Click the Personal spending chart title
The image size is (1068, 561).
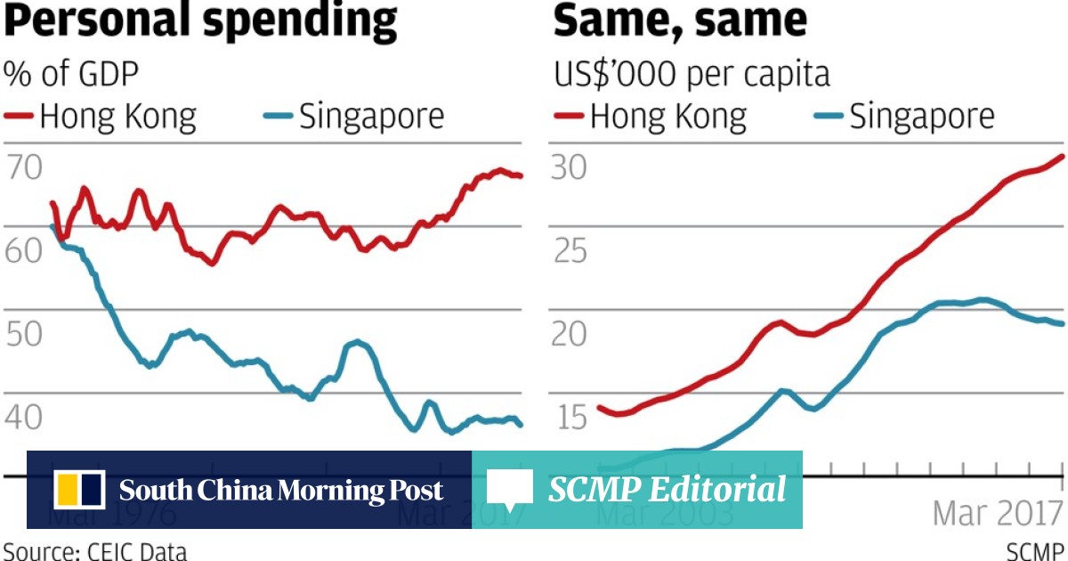pos(199,21)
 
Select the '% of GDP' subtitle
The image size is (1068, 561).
pos(71,75)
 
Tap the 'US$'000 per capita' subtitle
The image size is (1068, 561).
pos(692,74)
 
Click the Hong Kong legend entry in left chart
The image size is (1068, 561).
pos(103,117)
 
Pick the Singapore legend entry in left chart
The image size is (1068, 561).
pos(356,117)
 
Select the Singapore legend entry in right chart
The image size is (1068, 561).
pos(906,117)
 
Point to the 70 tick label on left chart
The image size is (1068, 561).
pos(24,167)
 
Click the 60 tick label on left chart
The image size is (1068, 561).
pos(24,250)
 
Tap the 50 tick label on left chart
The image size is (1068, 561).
pos(24,334)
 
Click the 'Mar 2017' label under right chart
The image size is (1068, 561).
pos(998,514)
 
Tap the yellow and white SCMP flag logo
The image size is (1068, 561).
pos(79,490)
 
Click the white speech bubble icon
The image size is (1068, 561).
pos(509,488)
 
